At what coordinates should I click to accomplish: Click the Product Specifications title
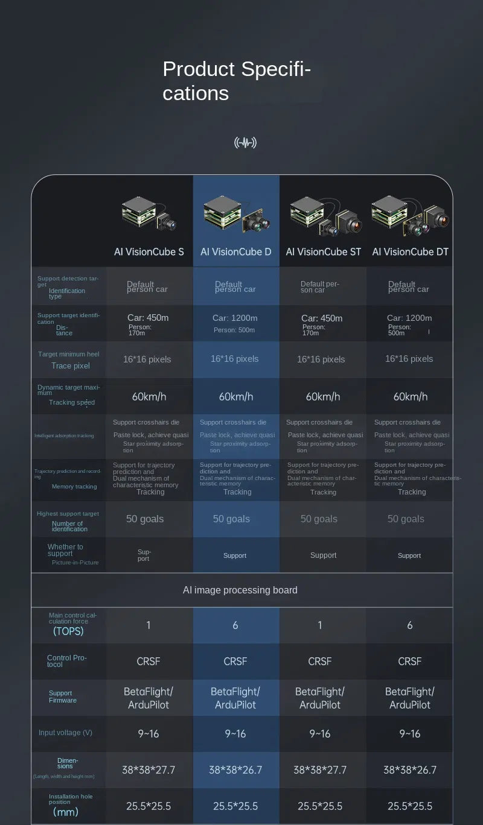click(x=237, y=81)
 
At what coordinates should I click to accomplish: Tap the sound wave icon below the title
click(x=245, y=143)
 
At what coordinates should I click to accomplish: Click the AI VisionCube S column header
click(x=149, y=251)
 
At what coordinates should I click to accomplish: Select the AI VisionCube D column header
click(x=236, y=251)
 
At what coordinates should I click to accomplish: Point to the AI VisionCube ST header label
click(x=324, y=251)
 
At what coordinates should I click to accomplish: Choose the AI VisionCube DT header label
click(x=411, y=251)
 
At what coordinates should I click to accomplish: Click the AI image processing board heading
click(x=240, y=590)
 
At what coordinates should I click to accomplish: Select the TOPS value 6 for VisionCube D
click(x=235, y=625)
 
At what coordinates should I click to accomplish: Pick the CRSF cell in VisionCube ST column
click(x=320, y=662)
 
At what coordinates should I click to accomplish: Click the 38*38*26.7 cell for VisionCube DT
click(x=410, y=770)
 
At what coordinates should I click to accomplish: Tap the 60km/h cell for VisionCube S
click(x=149, y=396)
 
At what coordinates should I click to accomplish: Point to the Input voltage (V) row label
click(x=65, y=733)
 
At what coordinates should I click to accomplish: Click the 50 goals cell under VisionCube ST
click(x=319, y=519)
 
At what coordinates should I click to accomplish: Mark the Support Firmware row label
click(x=62, y=697)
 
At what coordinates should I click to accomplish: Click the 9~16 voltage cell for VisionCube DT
click(x=410, y=733)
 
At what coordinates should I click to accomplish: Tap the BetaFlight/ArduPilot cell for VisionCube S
click(x=149, y=698)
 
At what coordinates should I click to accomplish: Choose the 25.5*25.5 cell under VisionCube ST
click(x=320, y=806)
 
